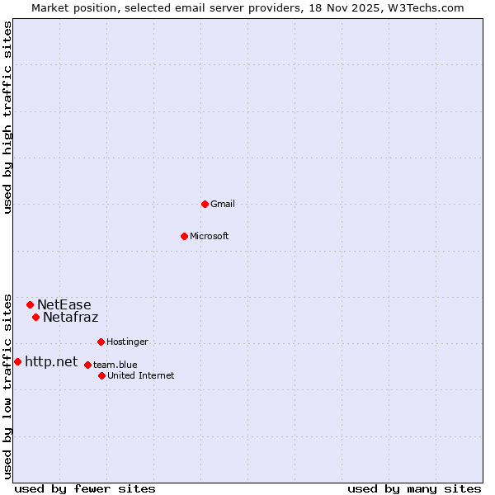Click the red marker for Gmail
pos(205,204)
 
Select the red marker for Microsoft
pos(185,236)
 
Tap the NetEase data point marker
pos(30,304)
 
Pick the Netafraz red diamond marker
pos(35,317)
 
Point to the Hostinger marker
pos(101,342)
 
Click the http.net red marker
pos(17,361)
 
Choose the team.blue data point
pos(87,365)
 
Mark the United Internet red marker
pos(101,375)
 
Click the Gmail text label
pos(223,204)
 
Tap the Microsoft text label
pos(210,236)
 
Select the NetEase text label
pos(64,304)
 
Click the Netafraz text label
pos(71,317)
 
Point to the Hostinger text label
pos(128,342)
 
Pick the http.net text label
pos(51,361)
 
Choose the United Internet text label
pos(141,375)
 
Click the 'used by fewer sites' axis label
pos(85,489)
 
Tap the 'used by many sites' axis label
pos(414,489)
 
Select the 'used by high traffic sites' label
pos(7,117)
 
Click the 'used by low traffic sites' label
pos(7,385)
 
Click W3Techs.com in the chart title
pos(427,7)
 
